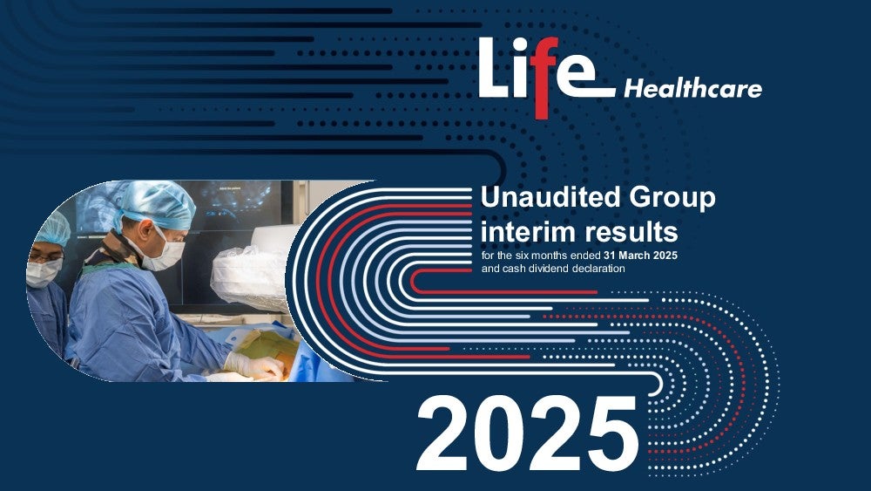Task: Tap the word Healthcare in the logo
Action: click(692, 89)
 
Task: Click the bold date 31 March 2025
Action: click(640, 256)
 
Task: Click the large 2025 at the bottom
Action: click(527, 434)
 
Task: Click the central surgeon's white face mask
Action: click(164, 251)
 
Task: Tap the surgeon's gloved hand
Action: click(254, 367)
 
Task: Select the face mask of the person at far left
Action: click(43, 272)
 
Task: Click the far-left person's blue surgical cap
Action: click(53, 228)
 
